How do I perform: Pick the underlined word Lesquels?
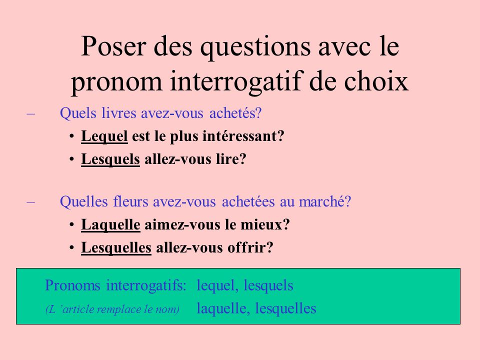pos(110,159)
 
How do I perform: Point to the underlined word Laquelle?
pos(110,225)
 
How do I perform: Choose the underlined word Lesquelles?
pos(116,248)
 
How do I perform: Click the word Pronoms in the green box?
pos(73,285)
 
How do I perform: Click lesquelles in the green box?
pos(285,308)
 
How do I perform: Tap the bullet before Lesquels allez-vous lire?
pos(72,159)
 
